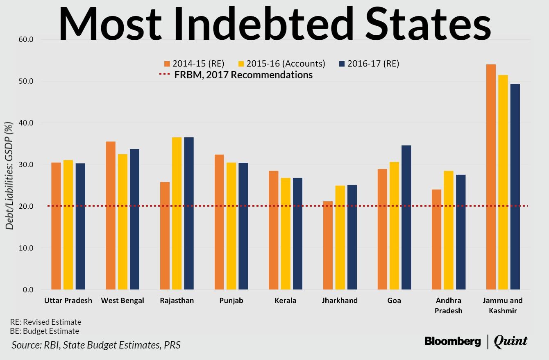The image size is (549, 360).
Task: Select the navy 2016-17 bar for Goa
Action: tap(406, 217)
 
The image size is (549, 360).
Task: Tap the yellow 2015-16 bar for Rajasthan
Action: tap(177, 213)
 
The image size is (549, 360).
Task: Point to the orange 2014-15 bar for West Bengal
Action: tap(111, 216)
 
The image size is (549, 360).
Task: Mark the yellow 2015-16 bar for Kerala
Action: tap(286, 234)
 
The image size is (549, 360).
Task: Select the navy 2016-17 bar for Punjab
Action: tap(243, 226)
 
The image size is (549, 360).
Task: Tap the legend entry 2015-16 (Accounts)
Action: tap(281, 64)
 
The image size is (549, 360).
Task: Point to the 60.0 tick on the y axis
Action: tap(26, 39)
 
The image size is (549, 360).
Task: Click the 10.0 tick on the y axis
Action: tap(26, 248)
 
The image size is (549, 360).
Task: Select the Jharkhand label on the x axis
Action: tap(340, 301)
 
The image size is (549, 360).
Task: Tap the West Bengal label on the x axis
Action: tap(123, 301)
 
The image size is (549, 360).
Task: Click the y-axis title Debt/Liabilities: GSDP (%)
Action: tap(9, 175)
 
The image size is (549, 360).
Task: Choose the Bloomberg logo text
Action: tap(453, 341)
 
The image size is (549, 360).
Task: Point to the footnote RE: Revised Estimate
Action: tap(45, 322)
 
